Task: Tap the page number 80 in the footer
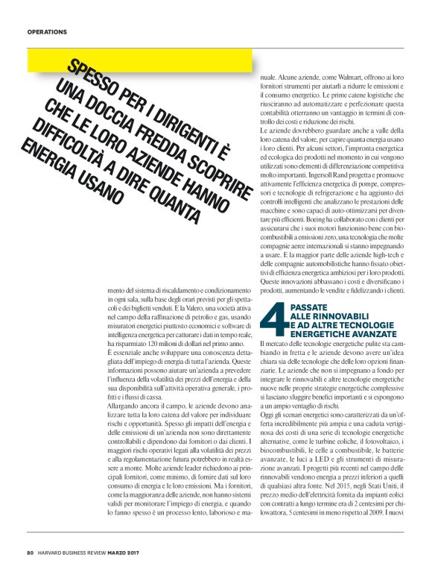click(x=31, y=553)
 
